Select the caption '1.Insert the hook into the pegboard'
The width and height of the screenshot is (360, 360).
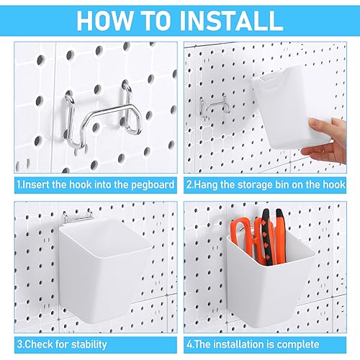[95, 184]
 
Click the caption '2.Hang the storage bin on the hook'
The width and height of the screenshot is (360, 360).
[266, 184]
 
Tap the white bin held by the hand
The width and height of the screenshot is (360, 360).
[286, 108]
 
